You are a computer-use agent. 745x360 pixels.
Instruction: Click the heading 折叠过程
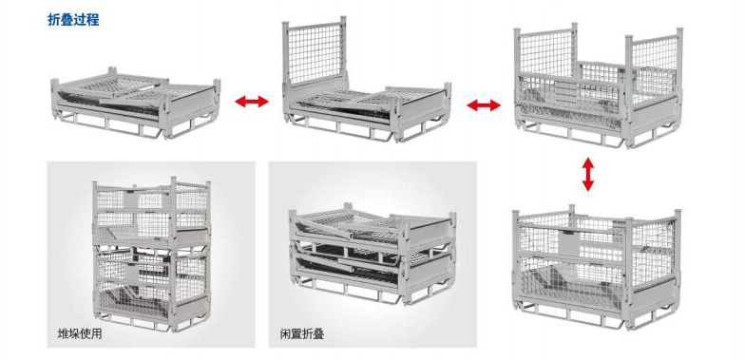click(x=74, y=19)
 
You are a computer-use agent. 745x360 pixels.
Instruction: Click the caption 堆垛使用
click(x=80, y=333)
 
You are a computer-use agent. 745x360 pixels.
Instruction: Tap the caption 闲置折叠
click(x=302, y=334)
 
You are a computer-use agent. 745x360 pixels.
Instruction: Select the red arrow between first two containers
click(x=252, y=101)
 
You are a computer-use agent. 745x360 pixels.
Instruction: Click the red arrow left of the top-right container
click(x=484, y=105)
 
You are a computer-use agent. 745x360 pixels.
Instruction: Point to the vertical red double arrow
click(x=588, y=175)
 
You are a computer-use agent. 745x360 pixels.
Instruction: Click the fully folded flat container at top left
click(x=136, y=103)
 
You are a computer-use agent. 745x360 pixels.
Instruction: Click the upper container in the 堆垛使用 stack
click(x=152, y=213)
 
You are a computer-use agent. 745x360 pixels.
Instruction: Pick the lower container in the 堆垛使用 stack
click(x=152, y=287)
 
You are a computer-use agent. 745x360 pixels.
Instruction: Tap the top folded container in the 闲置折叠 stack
click(x=372, y=230)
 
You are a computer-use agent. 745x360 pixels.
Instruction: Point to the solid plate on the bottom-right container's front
click(x=569, y=241)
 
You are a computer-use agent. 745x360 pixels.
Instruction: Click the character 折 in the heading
click(x=54, y=19)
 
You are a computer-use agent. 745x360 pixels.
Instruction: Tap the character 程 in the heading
click(x=93, y=19)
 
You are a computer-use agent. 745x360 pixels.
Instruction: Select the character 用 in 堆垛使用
click(x=97, y=333)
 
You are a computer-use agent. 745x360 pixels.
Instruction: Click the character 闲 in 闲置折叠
click(x=285, y=334)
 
